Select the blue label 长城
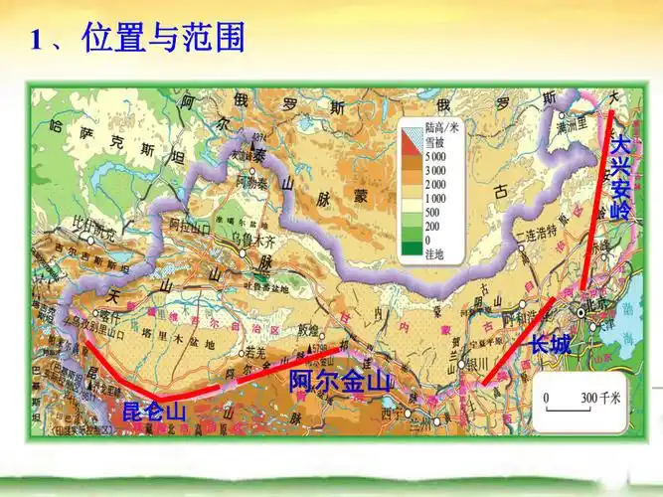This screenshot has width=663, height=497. (550, 345)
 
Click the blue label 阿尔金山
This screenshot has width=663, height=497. (341, 380)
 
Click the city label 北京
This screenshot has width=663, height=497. (595, 305)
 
